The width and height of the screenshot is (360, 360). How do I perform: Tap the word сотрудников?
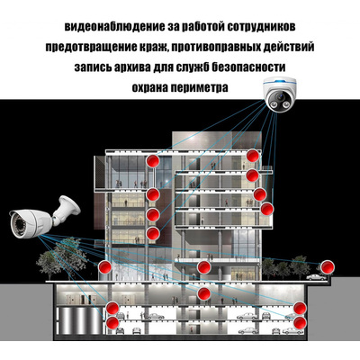pyautogui.click(x=261, y=26)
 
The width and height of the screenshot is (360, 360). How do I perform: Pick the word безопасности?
pyautogui.click(x=248, y=67)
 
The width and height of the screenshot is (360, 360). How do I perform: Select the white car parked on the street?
pyautogui.click(x=316, y=277)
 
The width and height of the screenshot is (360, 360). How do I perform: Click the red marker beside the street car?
pyautogui.click(x=327, y=267)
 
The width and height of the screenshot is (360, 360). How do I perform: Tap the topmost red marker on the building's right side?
pyautogui.click(x=253, y=156)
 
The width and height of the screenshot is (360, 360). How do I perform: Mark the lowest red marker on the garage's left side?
pyautogui.click(x=112, y=323)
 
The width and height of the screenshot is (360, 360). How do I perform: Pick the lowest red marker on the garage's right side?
pyautogui.click(x=300, y=323)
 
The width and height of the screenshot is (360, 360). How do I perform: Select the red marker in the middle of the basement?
pyautogui.click(x=204, y=293)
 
